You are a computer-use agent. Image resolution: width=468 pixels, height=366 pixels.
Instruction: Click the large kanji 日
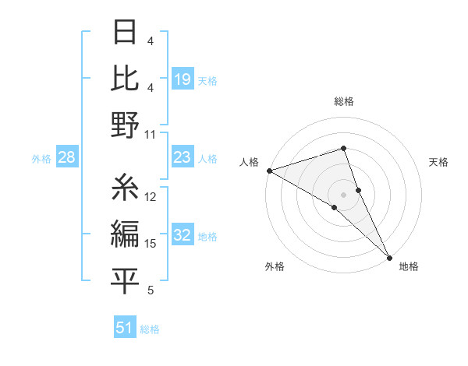125,33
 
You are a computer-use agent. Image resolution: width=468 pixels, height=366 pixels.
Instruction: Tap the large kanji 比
125,78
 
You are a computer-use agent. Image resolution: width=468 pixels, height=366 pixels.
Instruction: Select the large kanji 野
125,125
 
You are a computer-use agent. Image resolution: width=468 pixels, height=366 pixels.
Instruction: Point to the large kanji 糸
125,187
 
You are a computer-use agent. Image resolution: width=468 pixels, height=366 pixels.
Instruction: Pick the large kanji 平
125,281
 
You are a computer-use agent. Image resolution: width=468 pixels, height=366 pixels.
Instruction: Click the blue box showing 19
183,79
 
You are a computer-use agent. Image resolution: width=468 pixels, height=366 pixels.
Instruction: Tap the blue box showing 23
183,158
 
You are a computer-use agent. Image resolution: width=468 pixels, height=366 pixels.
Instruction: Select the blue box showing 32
183,236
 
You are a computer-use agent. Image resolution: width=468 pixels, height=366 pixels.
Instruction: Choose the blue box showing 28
66,158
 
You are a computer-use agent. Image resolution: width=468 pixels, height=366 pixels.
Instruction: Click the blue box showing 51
125,328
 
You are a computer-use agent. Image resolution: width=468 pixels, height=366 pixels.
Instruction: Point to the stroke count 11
151,134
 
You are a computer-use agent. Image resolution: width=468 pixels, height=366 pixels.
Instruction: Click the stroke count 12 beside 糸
151,197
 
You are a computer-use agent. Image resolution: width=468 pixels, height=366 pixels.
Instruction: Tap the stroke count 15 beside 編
151,244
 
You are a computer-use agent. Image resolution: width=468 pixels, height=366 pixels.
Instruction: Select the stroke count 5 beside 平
151,290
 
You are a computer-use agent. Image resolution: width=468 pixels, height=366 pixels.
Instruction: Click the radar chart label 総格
343,101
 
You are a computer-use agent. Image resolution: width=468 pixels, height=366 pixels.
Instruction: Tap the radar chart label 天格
439,162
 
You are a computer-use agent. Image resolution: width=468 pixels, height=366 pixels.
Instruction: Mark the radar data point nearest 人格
269,170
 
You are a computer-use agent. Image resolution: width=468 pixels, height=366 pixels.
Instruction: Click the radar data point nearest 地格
389,256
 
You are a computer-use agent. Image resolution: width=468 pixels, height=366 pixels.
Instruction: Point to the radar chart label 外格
275,266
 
